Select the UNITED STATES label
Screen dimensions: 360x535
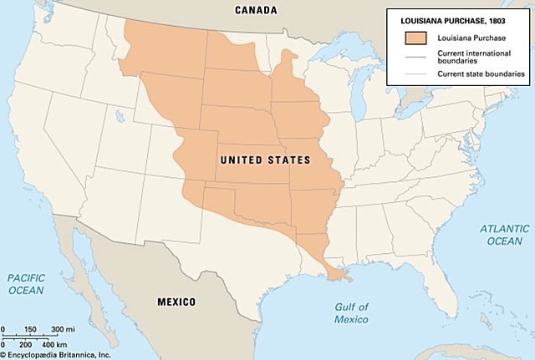click(x=264, y=160)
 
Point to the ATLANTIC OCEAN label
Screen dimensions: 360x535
click(x=504, y=235)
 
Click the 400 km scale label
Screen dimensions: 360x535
click(x=54, y=344)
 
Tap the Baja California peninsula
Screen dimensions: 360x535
click(x=89, y=251)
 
